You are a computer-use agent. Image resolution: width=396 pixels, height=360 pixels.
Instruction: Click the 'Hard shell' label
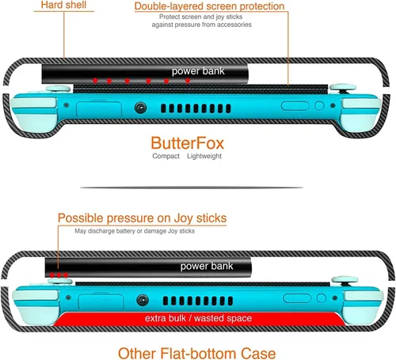[63, 5]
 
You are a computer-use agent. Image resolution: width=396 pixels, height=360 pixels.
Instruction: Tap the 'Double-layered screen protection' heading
[209, 6]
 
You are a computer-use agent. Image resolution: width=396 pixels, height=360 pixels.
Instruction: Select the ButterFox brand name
[188, 143]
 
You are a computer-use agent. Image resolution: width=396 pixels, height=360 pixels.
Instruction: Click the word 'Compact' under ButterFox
[166, 156]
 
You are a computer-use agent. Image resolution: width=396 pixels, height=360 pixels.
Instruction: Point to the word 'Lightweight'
[204, 156]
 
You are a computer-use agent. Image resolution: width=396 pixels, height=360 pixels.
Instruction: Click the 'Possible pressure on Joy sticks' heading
[142, 218]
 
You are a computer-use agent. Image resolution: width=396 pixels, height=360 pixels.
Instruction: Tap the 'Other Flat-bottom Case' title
[196, 353]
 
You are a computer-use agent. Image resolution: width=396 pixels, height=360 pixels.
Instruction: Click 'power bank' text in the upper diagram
[198, 71]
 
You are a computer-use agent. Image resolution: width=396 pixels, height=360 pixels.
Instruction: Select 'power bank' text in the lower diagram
[207, 266]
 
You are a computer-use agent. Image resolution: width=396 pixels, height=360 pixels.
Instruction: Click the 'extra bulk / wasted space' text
[198, 318]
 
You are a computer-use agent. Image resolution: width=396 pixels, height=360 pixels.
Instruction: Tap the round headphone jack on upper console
[140, 108]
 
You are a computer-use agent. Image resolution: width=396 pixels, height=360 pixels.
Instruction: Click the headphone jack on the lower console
[143, 300]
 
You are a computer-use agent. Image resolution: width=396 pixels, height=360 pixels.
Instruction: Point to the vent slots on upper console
[196, 108]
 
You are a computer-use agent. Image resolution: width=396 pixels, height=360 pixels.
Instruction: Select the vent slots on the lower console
[198, 301]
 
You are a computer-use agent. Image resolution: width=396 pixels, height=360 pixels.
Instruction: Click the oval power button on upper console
[295, 106]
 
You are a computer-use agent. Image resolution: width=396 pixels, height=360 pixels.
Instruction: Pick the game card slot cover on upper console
[99, 109]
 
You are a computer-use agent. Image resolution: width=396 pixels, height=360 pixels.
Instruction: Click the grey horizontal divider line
[192, 188]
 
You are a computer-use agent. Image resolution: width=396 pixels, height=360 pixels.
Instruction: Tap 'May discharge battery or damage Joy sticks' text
[135, 231]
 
